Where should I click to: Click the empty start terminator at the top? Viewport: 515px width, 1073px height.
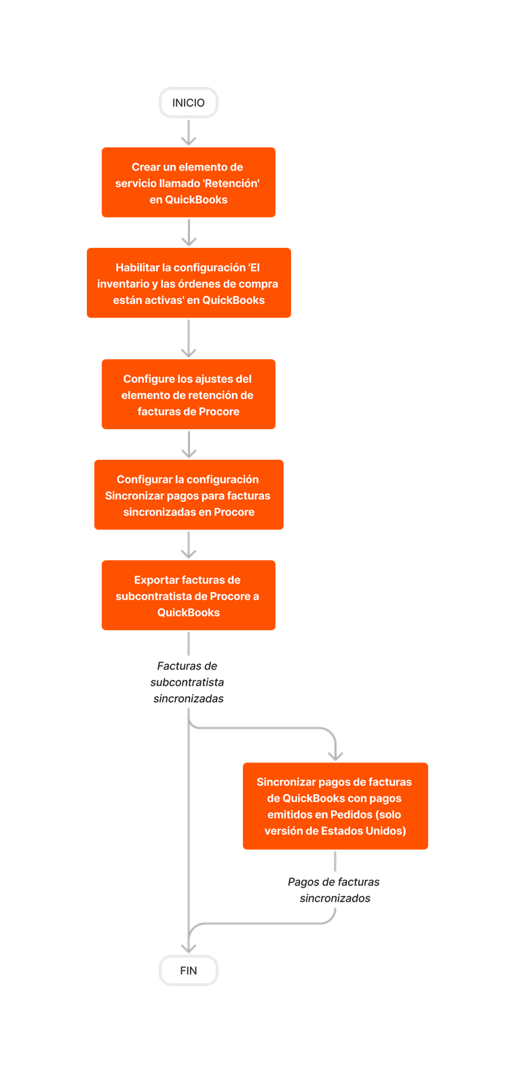coord(189,103)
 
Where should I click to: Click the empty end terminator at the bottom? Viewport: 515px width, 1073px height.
coord(189,970)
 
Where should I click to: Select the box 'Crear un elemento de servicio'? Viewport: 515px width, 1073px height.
coord(189,183)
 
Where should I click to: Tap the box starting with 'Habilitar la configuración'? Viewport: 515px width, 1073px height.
coord(189,283)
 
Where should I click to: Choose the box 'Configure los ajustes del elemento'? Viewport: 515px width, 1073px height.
coord(189,395)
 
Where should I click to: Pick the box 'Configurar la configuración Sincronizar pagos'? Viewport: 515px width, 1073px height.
coord(189,495)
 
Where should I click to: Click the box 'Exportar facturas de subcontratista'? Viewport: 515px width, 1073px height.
coord(189,596)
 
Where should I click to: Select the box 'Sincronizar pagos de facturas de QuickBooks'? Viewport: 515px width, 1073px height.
coord(335,806)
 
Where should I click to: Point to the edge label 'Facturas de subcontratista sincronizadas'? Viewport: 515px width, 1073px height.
coord(188,683)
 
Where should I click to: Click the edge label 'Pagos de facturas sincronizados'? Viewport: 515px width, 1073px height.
coord(334,890)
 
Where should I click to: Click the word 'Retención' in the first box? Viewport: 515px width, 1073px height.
coord(233,183)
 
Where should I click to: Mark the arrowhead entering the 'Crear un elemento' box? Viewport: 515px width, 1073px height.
coord(189,141)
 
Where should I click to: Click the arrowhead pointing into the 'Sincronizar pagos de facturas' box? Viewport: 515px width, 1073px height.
coord(335,756)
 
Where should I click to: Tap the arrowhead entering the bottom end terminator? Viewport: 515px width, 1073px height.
coord(189,948)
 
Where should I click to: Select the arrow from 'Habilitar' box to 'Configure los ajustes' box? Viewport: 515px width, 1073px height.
coord(189,338)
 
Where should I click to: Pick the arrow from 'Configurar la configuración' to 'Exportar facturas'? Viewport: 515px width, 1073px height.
coord(189,545)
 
